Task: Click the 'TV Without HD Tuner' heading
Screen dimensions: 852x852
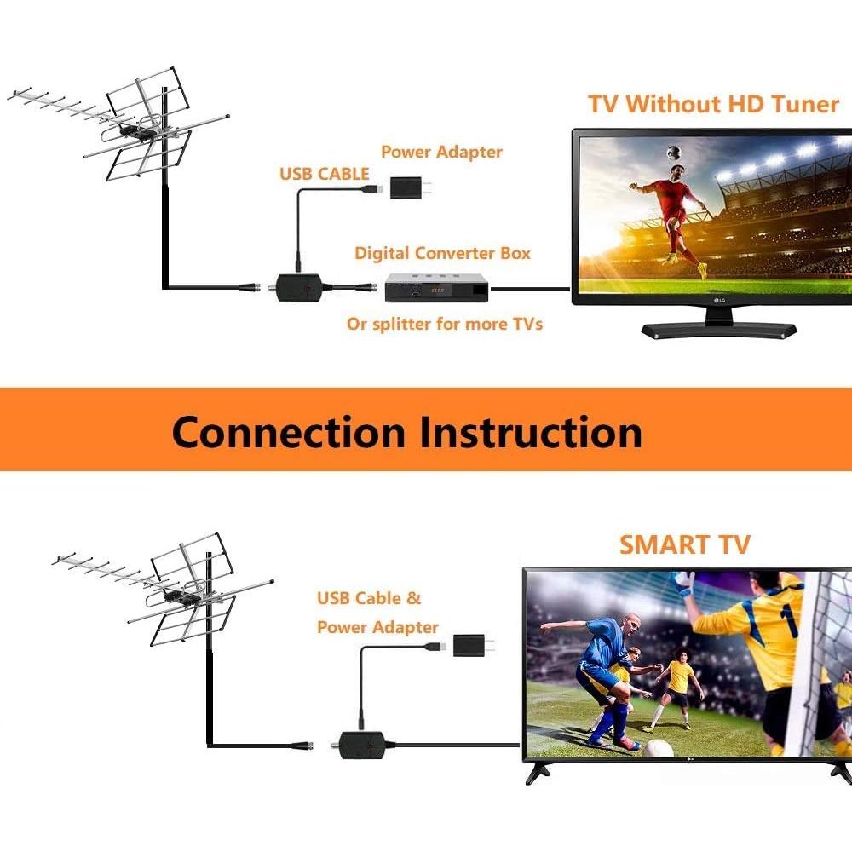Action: pos(713,104)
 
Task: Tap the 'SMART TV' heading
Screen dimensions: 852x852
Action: pos(684,544)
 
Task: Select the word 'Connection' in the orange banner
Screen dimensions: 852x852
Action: pos(288,432)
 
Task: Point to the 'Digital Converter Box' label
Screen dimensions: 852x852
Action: pos(442,253)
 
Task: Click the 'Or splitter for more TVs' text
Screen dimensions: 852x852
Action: pos(444,324)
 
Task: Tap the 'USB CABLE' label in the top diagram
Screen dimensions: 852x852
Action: pos(325,174)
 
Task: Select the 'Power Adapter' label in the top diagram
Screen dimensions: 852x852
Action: pos(441,152)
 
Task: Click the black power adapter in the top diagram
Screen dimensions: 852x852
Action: pos(408,187)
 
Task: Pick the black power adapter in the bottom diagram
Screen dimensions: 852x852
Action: pos(467,645)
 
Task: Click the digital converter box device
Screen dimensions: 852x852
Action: pos(436,289)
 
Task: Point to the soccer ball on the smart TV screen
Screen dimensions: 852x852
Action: pos(658,748)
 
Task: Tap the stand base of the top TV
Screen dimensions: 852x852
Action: pos(718,330)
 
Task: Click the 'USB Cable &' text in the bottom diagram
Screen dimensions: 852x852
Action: pos(369,598)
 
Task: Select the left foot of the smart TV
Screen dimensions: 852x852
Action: pos(537,772)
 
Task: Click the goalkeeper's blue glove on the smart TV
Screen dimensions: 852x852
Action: pos(683,584)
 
